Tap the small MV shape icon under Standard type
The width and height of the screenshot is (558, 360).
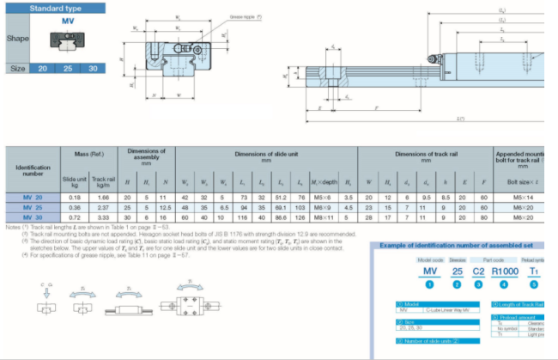click(67, 39)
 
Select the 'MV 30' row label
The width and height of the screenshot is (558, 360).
click(32, 217)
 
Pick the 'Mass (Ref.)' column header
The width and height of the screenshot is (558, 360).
click(89, 152)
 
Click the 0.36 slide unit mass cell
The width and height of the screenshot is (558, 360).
click(74, 207)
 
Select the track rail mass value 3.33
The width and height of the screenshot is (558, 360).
click(103, 217)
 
